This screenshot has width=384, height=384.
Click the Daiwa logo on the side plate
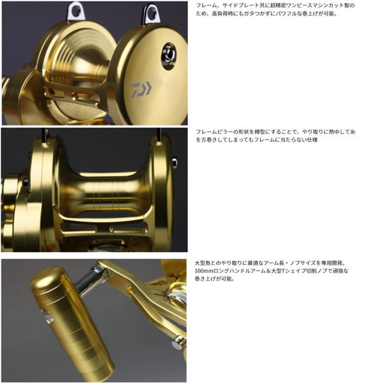(141, 89)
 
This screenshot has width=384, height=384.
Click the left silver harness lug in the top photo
(76, 10)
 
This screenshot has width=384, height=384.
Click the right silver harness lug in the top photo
(151, 14)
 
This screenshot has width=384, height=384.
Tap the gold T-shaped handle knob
(71, 323)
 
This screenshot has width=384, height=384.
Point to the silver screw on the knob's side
(48, 316)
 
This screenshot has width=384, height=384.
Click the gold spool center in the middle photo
(105, 192)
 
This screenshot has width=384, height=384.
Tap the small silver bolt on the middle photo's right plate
(174, 163)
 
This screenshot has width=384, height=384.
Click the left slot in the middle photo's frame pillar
(79, 229)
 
